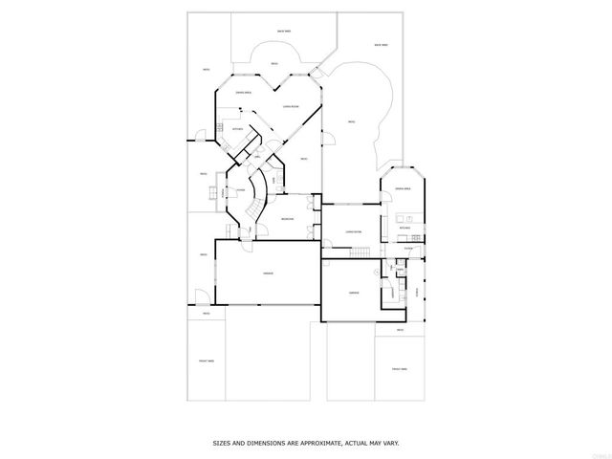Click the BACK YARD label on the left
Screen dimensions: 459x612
tap(283, 32)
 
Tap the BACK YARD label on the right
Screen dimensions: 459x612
tap(381, 44)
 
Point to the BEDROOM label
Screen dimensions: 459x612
tap(288, 220)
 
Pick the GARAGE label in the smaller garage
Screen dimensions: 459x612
tap(354, 292)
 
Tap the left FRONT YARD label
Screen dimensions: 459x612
tap(206, 361)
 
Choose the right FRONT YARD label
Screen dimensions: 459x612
tap(399, 369)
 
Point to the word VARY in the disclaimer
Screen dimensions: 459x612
tap(390, 442)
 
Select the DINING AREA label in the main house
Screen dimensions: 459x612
tap(244, 93)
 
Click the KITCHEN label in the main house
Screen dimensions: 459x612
tap(237, 127)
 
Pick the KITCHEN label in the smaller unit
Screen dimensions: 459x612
tap(405, 229)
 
